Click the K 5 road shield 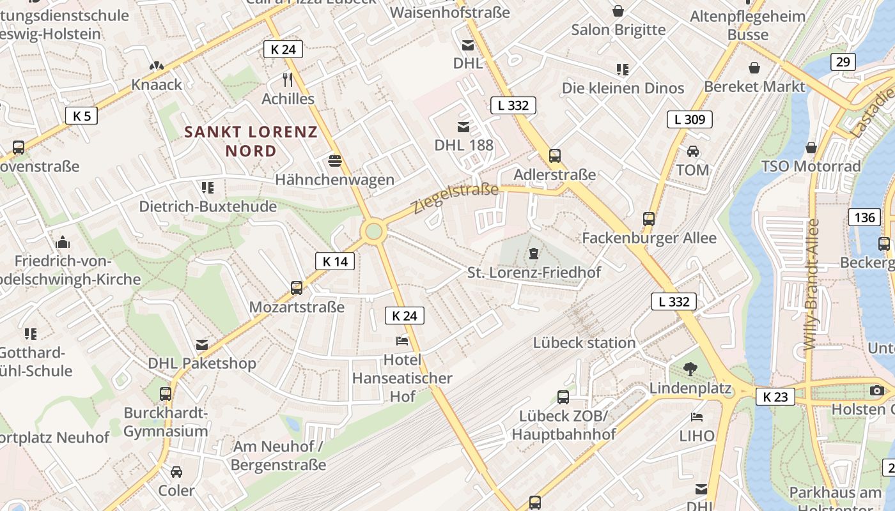pos(81,116)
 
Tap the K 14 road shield pos(334,261)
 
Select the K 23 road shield pos(775,397)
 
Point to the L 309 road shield pos(689,119)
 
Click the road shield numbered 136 pos(864,217)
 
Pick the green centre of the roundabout pos(373,231)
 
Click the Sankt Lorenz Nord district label pos(251,141)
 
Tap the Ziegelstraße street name pos(455,198)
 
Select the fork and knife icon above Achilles pos(288,79)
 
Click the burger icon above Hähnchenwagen pos(334,160)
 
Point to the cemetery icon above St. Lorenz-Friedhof pos(533,254)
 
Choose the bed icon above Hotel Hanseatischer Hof pos(402,340)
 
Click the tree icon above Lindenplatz pos(690,369)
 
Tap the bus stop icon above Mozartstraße pos(297,287)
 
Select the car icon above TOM pos(692,151)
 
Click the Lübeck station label pos(584,342)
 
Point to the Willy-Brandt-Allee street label pos(811,284)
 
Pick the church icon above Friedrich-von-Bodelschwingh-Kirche pos(63,242)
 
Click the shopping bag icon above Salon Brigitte pos(618,10)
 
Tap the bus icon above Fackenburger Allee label pos(649,219)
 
